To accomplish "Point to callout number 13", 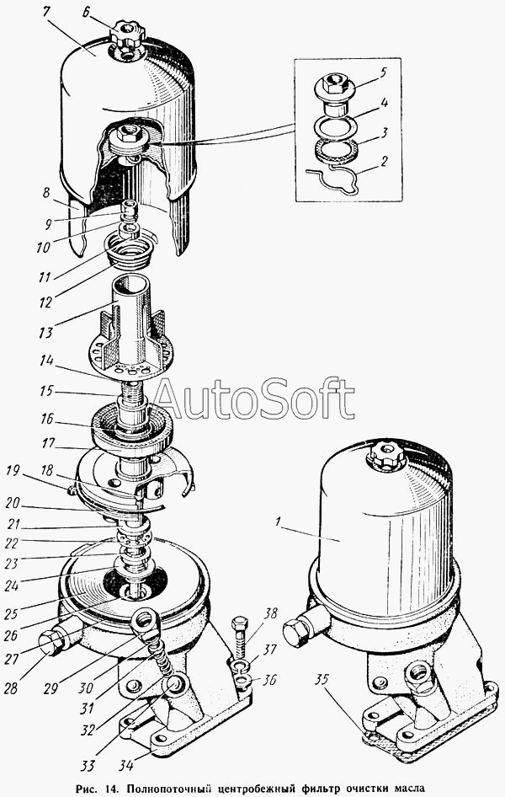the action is click(x=46, y=333).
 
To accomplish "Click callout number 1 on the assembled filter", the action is click(x=278, y=521).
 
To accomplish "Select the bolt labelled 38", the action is click(x=240, y=641).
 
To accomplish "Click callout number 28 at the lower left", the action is click(x=11, y=688).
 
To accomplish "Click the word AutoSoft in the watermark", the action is click(x=253, y=398).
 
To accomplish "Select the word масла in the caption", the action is click(x=408, y=789).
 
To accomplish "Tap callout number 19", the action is click(x=11, y=471).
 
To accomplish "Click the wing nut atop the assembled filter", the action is click(x=386, y=456).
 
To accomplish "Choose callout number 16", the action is click(x=48, y=419).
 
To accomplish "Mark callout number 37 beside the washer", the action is click(x=270, y=650).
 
